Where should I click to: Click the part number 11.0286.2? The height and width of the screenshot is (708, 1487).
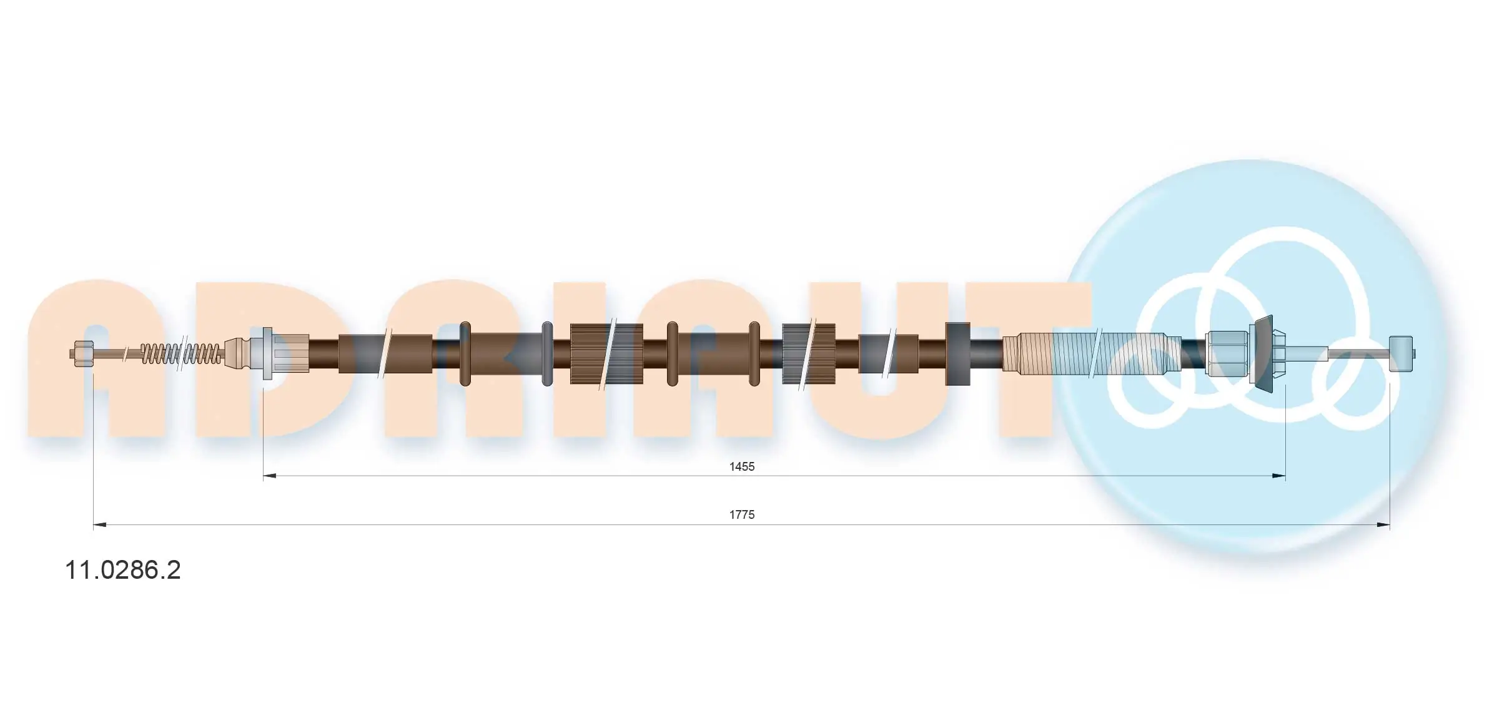(x=123, y=570)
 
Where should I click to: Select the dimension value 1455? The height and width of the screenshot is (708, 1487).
(x=742, y=466)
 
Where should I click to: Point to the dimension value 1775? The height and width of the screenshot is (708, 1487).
(x=742, y=514)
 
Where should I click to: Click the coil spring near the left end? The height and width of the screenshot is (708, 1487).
(x=181, y=354)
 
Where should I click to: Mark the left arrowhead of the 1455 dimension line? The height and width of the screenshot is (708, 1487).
(x=269, y=476)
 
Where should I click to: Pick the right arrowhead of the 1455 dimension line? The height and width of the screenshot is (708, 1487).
(x=1278, y=476)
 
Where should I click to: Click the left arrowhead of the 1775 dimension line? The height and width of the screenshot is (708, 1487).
(x=100, y=525)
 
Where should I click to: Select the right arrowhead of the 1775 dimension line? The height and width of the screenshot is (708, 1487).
(x=1383, y=525)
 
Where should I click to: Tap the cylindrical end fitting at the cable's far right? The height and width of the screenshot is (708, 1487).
(x=1400, y=354)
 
